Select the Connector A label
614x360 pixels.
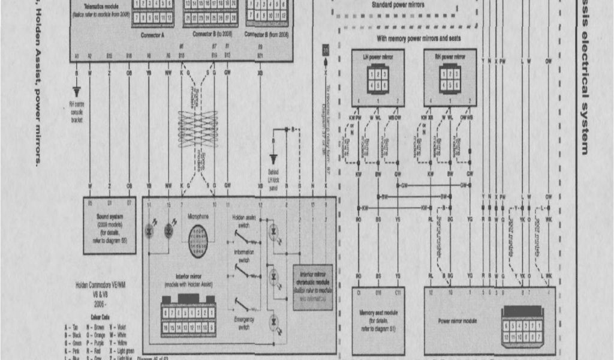(152, 35)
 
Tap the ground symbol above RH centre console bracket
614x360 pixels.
(77, 91)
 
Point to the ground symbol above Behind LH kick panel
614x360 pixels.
(274, 158)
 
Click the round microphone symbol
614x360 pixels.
(197, 242)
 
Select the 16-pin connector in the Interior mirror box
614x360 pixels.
(189, 320)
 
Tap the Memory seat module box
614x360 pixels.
(378, 320)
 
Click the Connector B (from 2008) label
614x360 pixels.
(267, 35)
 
